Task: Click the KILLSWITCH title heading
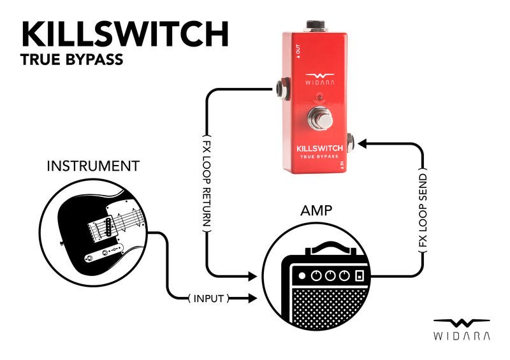coord(125,34)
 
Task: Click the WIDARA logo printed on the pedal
coord(317,76)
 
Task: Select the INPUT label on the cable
coord(208,298)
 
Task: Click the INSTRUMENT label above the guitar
coord(93,166)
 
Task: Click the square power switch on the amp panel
coord(360,277)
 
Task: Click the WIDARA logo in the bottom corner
coord(462,328)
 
